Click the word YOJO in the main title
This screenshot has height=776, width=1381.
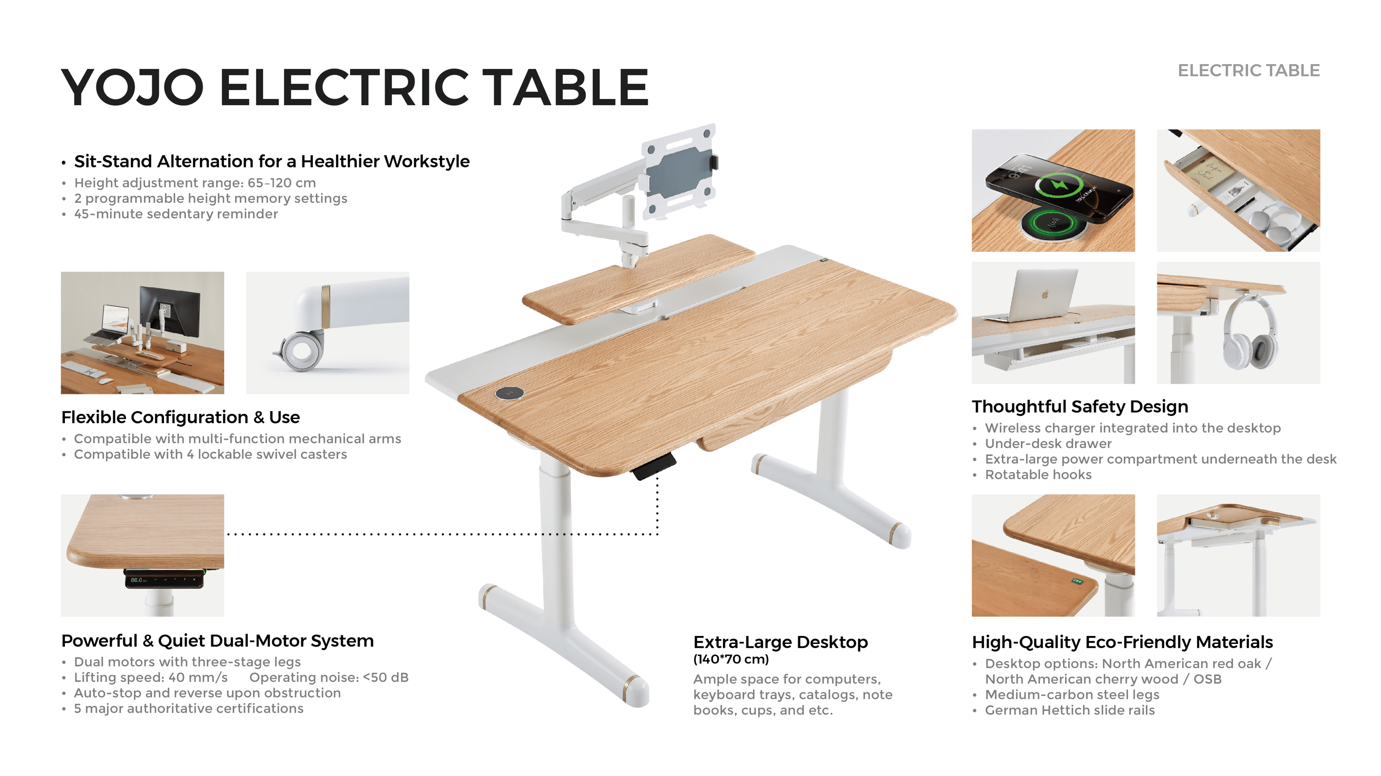133,87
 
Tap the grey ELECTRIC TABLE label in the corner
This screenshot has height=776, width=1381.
1248,71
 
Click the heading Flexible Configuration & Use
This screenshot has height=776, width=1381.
180,417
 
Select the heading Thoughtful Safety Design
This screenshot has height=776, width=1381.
1080,406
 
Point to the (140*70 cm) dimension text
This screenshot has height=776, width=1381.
730,659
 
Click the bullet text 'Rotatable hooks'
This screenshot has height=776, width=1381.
1038,475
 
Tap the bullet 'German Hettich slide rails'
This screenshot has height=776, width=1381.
1069,710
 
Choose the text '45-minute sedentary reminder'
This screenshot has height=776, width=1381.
176,214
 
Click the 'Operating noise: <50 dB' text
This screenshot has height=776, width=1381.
329,678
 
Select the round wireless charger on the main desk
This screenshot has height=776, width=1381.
509,393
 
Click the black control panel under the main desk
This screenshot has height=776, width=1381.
654,466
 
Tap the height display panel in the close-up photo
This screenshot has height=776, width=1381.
164,579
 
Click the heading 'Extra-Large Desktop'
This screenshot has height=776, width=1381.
780,642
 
